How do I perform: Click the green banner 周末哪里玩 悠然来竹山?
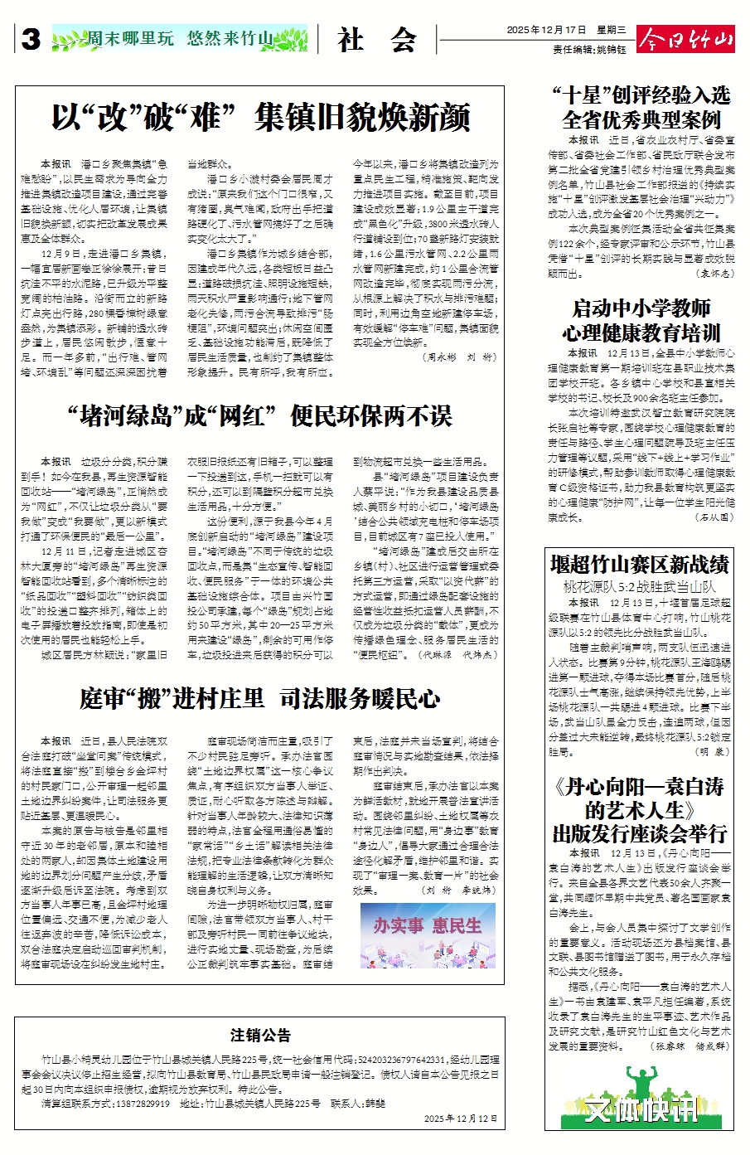coord(180,38)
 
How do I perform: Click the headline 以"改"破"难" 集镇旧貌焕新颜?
coord(260,118)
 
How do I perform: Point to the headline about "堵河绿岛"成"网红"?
coord(260,415)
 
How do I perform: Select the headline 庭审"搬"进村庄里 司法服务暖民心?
coord(260,699)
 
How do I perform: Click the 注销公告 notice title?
coord(260,1035)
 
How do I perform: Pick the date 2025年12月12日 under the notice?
coord(461,1119)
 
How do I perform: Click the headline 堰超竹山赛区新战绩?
coord(639,565)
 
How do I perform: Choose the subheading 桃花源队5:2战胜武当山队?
coord(639,586)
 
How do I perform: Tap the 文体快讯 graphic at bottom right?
coord(639,1108)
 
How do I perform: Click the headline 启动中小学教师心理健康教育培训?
coord(641,321)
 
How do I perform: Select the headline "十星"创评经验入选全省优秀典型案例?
coord(641,107)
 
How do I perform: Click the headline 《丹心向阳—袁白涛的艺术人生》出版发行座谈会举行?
coord(639,809)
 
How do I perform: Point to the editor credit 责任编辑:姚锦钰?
coord(589,50)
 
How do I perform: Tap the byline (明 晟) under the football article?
coord(712,752)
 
